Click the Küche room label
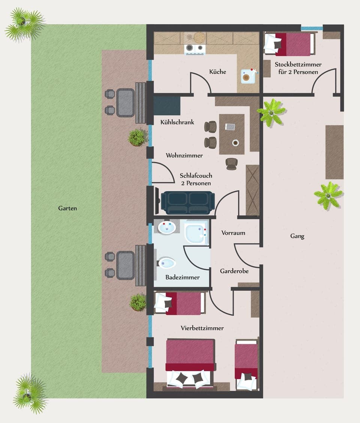[x=217, y=71]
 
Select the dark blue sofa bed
[x=187, y=202]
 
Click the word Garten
[x=67, y=208]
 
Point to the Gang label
[x=297, y=236]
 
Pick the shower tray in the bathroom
[x=196, y=232]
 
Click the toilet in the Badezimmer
[x=166, y=263]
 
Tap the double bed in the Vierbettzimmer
[x=190, y=363]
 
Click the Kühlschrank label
[x=177, y=122]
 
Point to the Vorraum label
[x=233, y=233]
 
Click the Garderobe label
[x=234, y=271]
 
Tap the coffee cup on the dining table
[x=235, y=143]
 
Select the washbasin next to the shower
[x=166, y=227]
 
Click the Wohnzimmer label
[x=184, y=155]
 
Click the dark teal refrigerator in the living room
[x=167, y=106]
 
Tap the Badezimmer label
[x=182, y=277]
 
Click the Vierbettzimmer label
[x=202, y=328]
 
